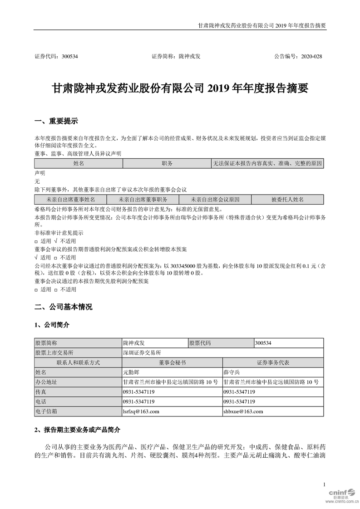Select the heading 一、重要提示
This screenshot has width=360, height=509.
pos(56,121)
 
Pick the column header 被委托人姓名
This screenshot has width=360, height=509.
pos(287,199)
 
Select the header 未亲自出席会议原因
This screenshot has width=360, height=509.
pos(215,199)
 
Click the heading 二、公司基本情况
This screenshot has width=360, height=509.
pos(64,307)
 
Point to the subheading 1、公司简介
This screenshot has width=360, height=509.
pos(52,325)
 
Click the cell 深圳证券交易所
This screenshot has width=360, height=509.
pos(142,352)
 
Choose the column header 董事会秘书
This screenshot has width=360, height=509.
pos(172,362)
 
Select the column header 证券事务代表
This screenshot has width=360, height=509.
pos(273,362)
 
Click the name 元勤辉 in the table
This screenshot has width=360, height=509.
pos(132,372)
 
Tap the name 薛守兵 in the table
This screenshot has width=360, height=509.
pos(233,372)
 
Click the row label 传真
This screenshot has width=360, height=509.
pos(41,392)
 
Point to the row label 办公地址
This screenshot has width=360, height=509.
pos(46,382)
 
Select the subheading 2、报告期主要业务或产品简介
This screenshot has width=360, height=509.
pos(78,429)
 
